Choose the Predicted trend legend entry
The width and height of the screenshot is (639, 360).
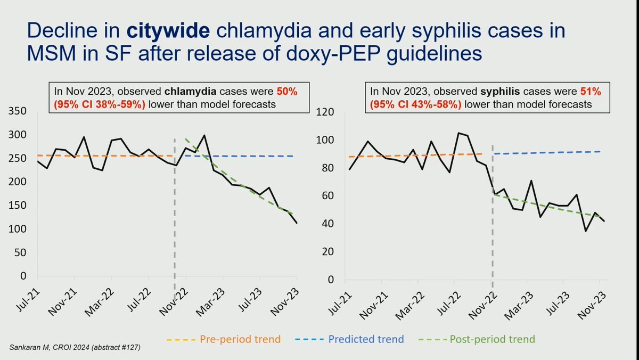coord(366,339)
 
